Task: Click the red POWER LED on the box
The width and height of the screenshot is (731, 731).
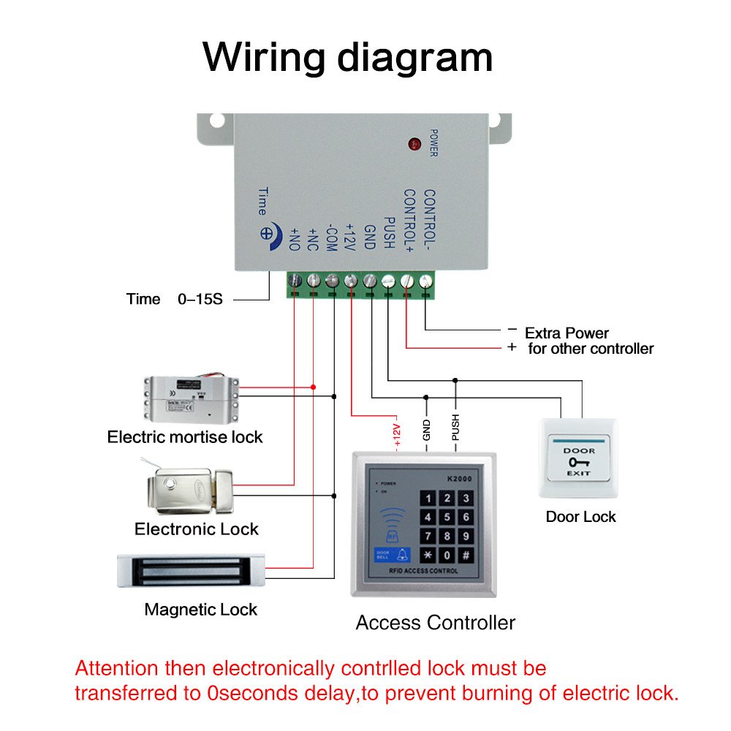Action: [x=414, y=143]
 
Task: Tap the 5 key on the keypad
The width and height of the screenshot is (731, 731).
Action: [x=447, y=518]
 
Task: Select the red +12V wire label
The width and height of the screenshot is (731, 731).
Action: [x=397, y=434]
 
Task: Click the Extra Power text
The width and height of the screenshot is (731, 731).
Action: [x=567, y=333]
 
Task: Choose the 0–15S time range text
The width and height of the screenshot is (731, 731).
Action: [x=200, y=299]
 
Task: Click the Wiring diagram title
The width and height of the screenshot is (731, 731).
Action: [x=348, y=57]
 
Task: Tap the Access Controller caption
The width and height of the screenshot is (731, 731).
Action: [x=435, y=623]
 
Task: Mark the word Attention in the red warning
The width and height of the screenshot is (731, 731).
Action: [x=116, y=668]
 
